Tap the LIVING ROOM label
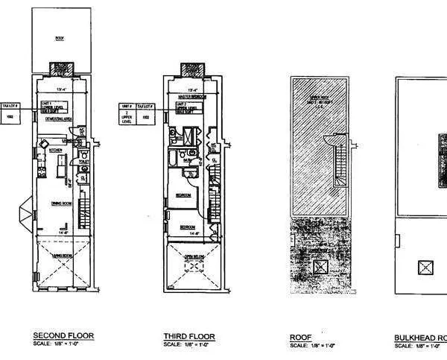(x=61, y=256)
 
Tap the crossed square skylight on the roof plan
(x=322, y=265)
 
